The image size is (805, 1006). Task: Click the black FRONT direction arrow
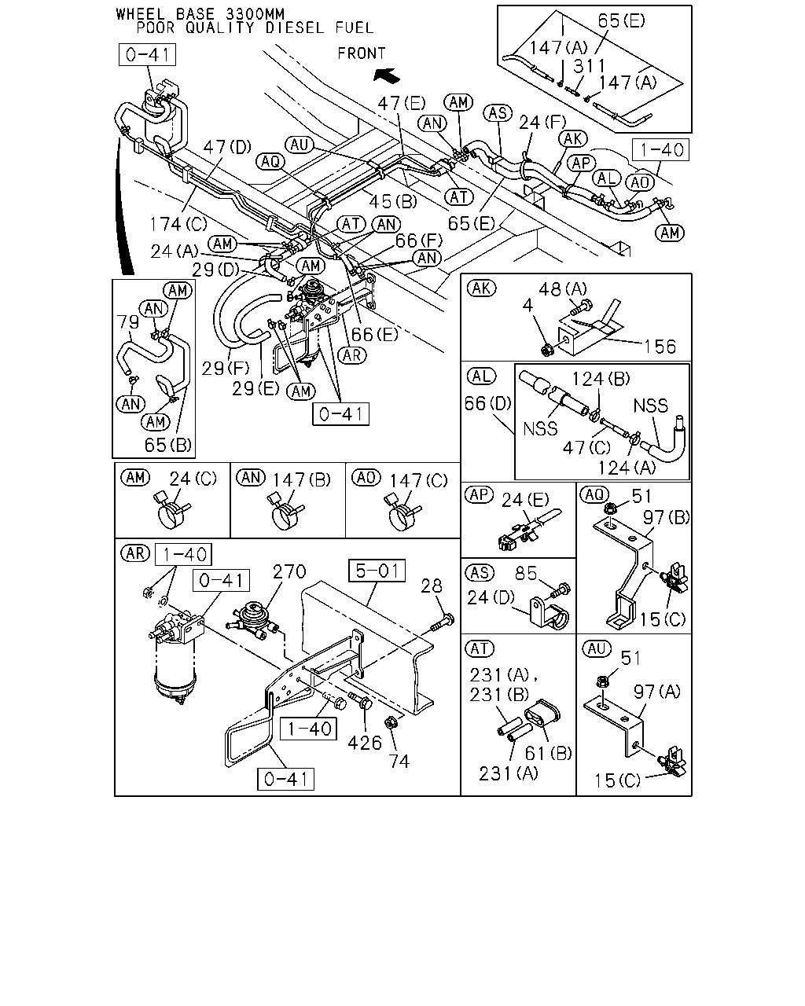click(386, 75)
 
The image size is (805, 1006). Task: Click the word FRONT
click(362, 53)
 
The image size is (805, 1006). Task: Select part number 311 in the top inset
click(589, 66)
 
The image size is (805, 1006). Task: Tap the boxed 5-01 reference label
click(377, 571)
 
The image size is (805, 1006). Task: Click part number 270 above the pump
click(289, 571)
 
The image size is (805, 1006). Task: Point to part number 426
click(365, 743)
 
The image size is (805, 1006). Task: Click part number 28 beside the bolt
click(431, 586)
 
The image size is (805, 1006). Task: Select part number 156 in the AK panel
click(660, 347)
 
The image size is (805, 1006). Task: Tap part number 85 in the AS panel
click(526, 573)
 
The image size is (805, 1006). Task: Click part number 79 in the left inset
click(127, 321)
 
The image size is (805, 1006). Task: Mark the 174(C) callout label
click(178, 225)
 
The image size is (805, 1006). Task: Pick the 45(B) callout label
click(393, 201)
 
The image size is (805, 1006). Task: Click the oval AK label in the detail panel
click(481, 288)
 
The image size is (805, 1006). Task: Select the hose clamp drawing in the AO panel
click(403, 512)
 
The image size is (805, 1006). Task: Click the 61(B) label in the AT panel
click(548, 753)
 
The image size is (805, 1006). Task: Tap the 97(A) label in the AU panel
click(656, 692)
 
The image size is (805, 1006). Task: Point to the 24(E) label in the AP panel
click(525, 500)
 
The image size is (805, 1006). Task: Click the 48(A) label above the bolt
click(563, 289)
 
